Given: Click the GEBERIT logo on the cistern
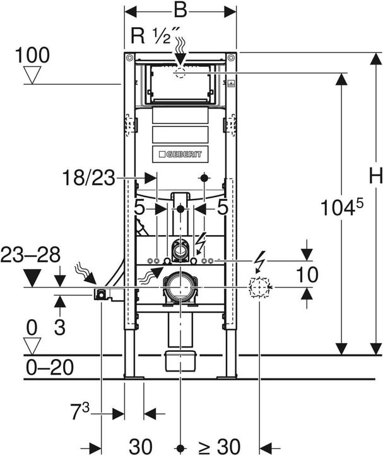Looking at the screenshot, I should (180, 154).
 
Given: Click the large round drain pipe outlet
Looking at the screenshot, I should (180, 288).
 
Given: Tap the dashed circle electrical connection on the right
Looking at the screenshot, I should (259, 288).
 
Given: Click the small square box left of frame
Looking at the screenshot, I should (100, 294).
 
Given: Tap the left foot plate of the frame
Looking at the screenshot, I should (133, 377).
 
